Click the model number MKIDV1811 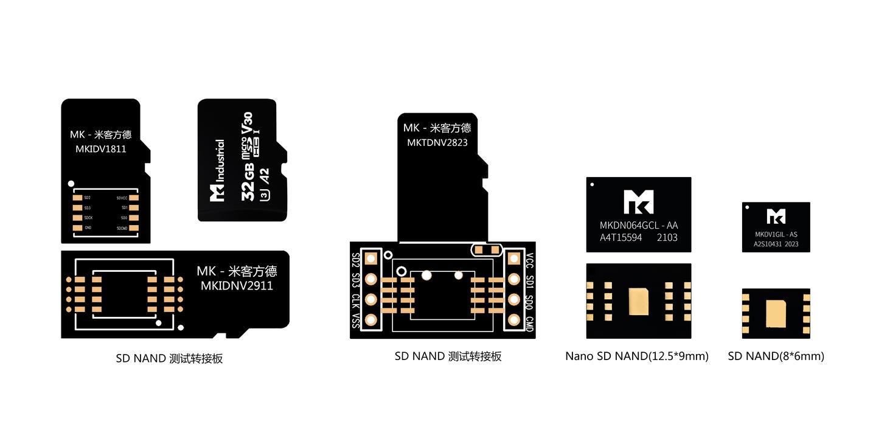tap(101, 148)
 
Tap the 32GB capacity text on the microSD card tap(248, 184)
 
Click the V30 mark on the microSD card tap(248, 123)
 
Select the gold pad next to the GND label tap(77, 228)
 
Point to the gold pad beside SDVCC tap(134, 198)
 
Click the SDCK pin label tap(88, 218)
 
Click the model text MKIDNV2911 tap(237, 285)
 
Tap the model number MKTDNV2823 tap(437, 143)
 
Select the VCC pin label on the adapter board tap(529, 261)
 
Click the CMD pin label tap(529, 324)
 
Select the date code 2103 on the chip tap(667, 238)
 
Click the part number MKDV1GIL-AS tap(776, 234)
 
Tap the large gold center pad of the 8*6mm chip tap(776, 313)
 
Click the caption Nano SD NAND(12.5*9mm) tap(637, 356)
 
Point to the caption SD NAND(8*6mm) tap(776, 356)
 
